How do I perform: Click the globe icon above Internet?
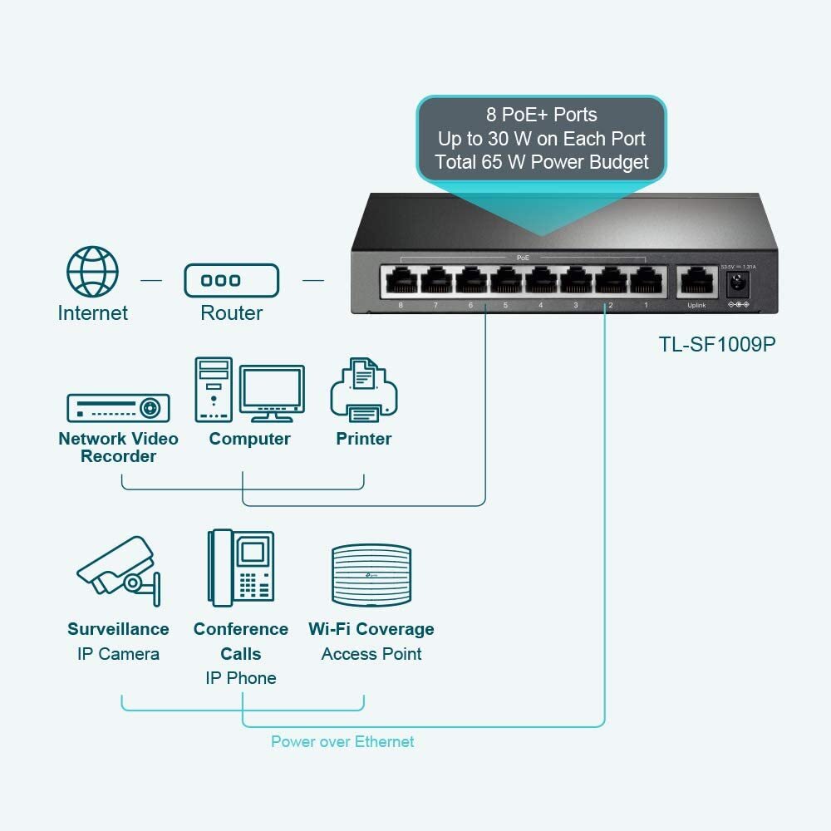(x=92, y=272)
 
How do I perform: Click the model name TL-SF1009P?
(x=716, y=344)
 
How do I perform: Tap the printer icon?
(x=363, y=390)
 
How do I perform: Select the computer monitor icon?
(x=272, y=391)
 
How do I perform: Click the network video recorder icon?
(x=118, y=408)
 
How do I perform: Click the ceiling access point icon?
(x=371, y=575)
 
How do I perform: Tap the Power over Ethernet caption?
(x=342, y=741)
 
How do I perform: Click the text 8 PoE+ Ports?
(x=541, y=115)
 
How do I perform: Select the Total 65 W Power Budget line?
(x=541, y=162)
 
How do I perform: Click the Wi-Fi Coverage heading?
(x=371, y=629)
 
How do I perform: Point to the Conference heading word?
(x=240, y=629)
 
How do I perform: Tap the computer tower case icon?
(x=214, y=389)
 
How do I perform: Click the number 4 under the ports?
(x=540, y=306)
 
